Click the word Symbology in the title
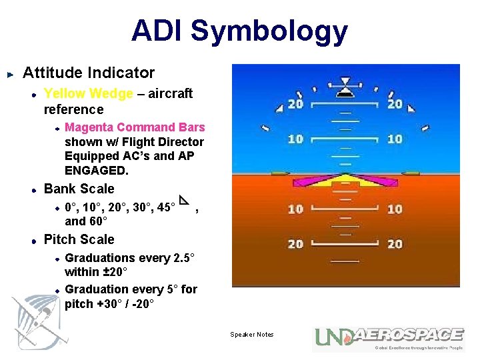269,31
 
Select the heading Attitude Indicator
89,73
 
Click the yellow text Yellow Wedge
88,94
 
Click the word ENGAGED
96,171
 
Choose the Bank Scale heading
79,189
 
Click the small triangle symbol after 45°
185,201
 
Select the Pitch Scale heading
79,239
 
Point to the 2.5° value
177,258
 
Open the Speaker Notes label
252,335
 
